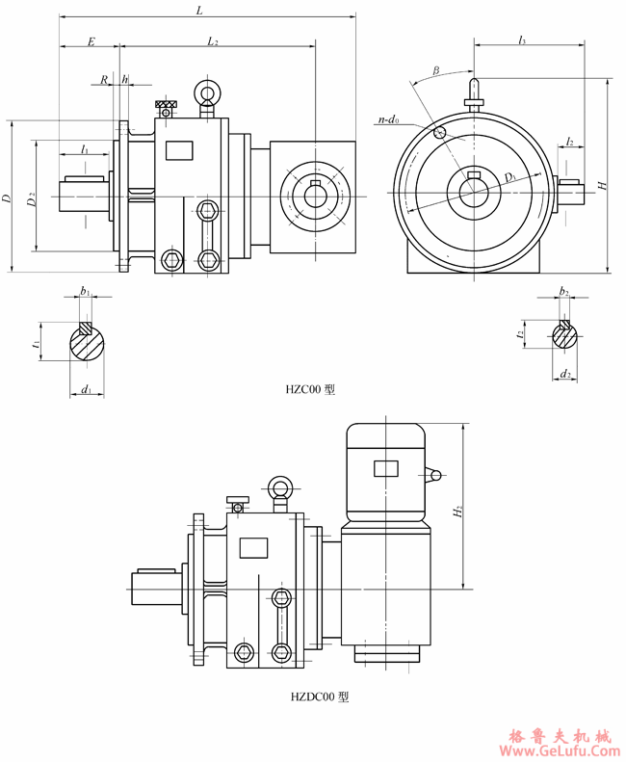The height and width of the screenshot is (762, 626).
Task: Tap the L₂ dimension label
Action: [x=213, y=41]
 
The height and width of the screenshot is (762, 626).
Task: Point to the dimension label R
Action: [x=104, y=80]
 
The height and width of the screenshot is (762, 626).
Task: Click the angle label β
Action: [x=436, y=70]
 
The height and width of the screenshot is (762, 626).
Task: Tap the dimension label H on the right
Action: [x=602, y=185]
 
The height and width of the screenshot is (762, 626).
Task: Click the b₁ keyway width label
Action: [x=85, y=290]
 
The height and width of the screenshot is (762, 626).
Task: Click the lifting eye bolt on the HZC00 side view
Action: [x=206, y=93]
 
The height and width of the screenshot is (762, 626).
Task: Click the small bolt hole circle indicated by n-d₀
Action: [x=440, y=132]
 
